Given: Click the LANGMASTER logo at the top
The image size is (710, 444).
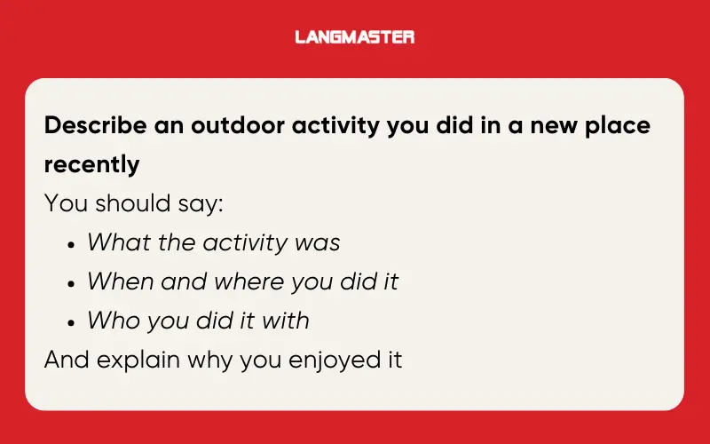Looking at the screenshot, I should [355, 37].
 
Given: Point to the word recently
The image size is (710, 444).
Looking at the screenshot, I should [91, 164].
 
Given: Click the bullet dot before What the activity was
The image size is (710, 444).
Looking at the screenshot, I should [71, 244].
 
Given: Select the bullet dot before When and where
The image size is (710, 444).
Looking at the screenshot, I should [71, 283].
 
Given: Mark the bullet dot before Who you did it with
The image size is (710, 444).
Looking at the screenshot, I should [71, 322].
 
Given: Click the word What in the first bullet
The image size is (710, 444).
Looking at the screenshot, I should [119, 242].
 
